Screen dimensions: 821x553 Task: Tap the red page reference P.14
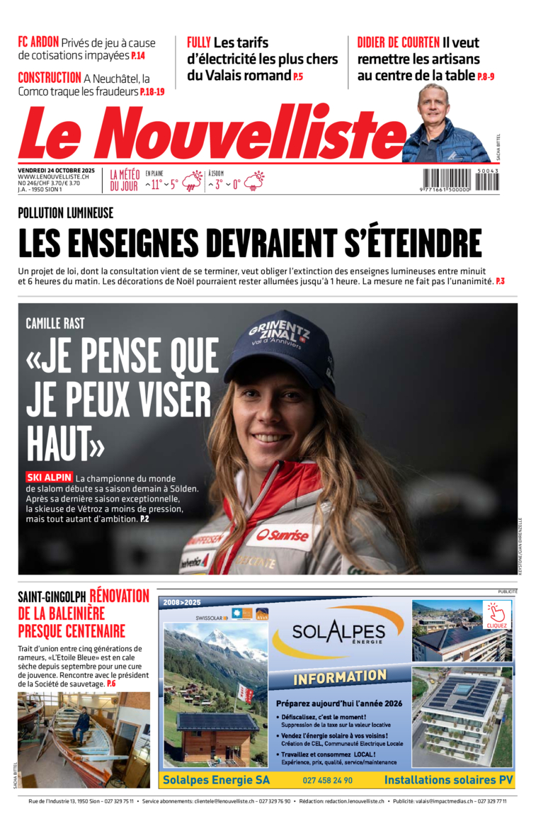coord(137,56)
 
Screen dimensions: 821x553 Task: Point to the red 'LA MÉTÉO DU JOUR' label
coord(124,180)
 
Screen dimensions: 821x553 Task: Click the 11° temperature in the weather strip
coord(156,184)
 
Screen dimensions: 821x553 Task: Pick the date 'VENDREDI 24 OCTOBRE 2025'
coord(56,171)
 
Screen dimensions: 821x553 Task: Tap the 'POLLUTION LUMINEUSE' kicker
coord(65,213)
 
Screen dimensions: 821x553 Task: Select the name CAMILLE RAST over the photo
coord(55,324)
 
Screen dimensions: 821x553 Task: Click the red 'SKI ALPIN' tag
coord(49,477)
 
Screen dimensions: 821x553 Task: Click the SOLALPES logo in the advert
coord(338,632)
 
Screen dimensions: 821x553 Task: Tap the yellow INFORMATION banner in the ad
coord(339,678)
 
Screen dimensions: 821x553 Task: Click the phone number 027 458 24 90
coord(327,780)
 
